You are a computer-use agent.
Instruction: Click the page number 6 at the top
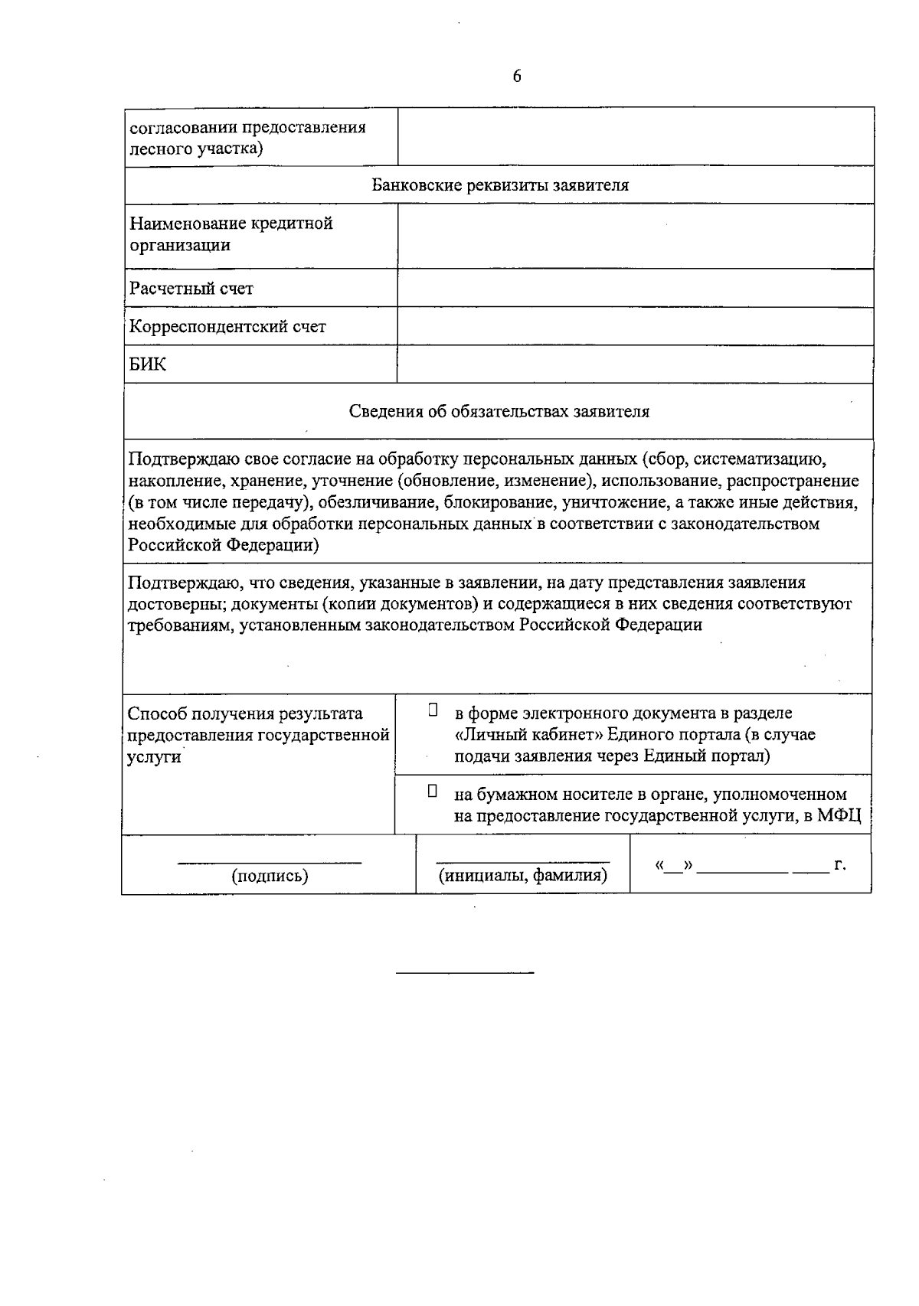pyautogui.click(x=517, y=77)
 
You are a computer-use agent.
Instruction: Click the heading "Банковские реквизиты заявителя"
pyautogui.click(x=500, y=185)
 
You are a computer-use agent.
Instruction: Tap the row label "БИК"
pyautogui.click(x=148, y=364)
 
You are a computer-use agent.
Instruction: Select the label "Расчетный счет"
pyautogui.click(x=191, y=289)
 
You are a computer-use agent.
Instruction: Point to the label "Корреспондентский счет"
pyautogui.click(x=227, y=327)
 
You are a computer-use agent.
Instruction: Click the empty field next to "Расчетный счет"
pyautogui.click(x=635, y=289)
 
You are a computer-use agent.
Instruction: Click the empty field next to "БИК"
pyautogui.click(x=635, y=364)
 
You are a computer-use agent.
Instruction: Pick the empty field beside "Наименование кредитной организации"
pyautogui.click(x=635, y=236)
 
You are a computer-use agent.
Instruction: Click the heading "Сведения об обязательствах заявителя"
pyautogui.click(x=499, y=412)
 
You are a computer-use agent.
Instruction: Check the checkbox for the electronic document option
pyautogui.click(x=433, y=710)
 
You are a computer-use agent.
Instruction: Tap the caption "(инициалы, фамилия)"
pyautogui.click(x=522, y=876)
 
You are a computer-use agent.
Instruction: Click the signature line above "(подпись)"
pyautogui.click(x=270, y=863)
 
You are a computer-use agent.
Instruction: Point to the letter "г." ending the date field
pyautogui.click(x=839, y=865)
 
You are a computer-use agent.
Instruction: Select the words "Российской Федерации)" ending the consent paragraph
pyautogui.click(x=224, y=546)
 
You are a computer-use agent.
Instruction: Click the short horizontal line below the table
pyautogui.click(x=465, y=973)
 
